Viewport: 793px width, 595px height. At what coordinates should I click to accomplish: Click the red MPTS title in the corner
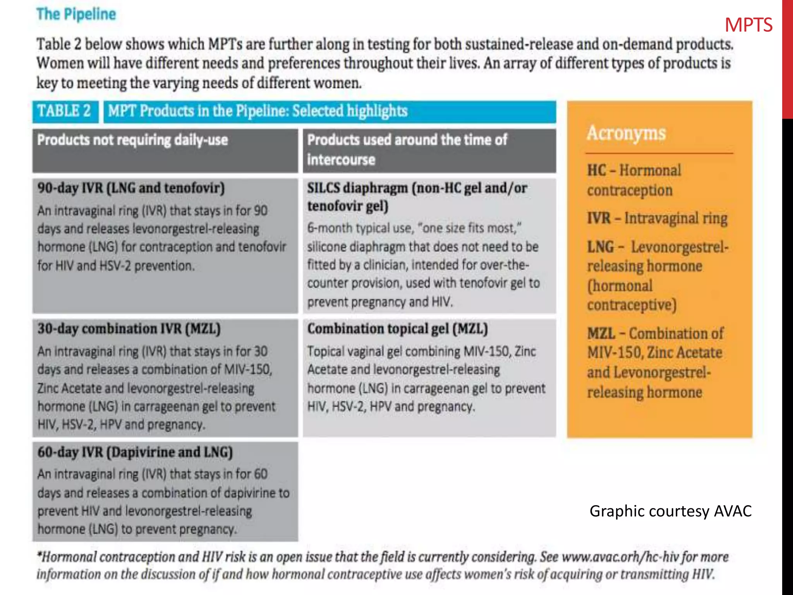748,25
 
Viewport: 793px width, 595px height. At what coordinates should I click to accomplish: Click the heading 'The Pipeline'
76,14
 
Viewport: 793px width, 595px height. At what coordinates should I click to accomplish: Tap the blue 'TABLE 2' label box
64,111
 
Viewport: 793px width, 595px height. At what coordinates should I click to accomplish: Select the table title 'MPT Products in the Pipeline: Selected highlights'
257,111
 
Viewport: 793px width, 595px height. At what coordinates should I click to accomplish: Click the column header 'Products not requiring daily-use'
132,140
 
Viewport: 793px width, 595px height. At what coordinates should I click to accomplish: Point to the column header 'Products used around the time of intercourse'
407,149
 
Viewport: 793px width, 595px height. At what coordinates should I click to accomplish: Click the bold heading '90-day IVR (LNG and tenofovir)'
131,188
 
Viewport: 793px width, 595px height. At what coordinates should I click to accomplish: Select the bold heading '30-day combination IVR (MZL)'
129,328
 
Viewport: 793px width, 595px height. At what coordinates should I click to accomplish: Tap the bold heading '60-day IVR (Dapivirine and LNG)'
135,452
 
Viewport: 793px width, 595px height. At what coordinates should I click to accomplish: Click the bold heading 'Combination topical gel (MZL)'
397,328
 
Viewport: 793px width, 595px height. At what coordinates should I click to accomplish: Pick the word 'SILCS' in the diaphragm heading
323,188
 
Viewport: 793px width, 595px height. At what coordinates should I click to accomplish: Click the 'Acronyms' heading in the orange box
626,133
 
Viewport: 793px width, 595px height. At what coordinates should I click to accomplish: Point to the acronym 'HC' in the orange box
596,170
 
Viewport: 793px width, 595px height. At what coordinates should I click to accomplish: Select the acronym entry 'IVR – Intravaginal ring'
657,218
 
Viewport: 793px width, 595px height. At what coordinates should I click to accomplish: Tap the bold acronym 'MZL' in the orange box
601,333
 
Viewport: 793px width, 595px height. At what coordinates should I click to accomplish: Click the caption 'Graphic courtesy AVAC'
670,511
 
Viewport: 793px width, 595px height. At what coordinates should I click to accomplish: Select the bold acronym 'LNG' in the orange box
601,247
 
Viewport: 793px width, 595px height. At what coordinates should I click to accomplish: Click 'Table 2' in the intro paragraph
59,44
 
